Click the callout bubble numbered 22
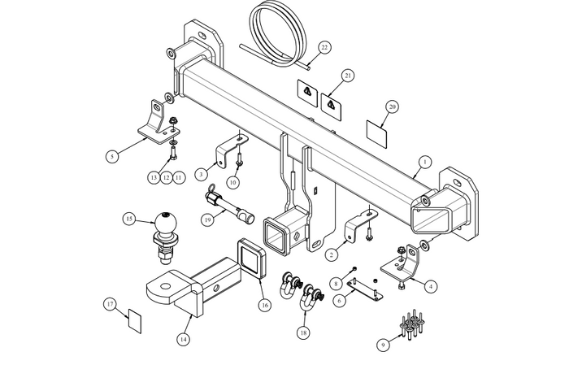pos(325,47)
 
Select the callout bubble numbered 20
pos(392,106)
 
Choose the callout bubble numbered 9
pos(382,344)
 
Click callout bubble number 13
pos(153,176)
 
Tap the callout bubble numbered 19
pos(208,219)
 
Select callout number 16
pos(263,305)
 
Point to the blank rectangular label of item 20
pos(376,129)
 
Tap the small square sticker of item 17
pos(134,317)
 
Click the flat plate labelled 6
pos(366,289)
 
